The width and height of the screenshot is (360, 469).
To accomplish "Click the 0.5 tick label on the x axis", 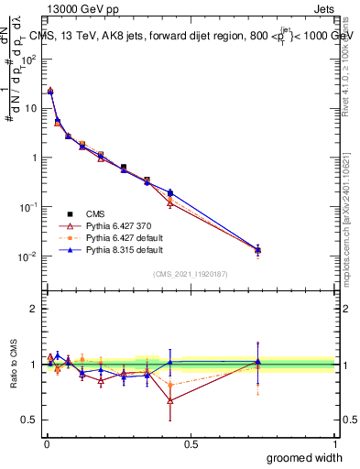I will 191,443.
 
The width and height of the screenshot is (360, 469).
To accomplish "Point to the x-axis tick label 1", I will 335,443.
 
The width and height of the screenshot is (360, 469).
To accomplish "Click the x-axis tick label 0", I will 46,443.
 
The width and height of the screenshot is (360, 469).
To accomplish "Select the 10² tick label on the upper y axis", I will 30,59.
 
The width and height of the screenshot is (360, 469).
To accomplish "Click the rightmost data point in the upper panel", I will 257,249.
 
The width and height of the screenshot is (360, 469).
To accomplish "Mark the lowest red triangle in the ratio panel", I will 170,399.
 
